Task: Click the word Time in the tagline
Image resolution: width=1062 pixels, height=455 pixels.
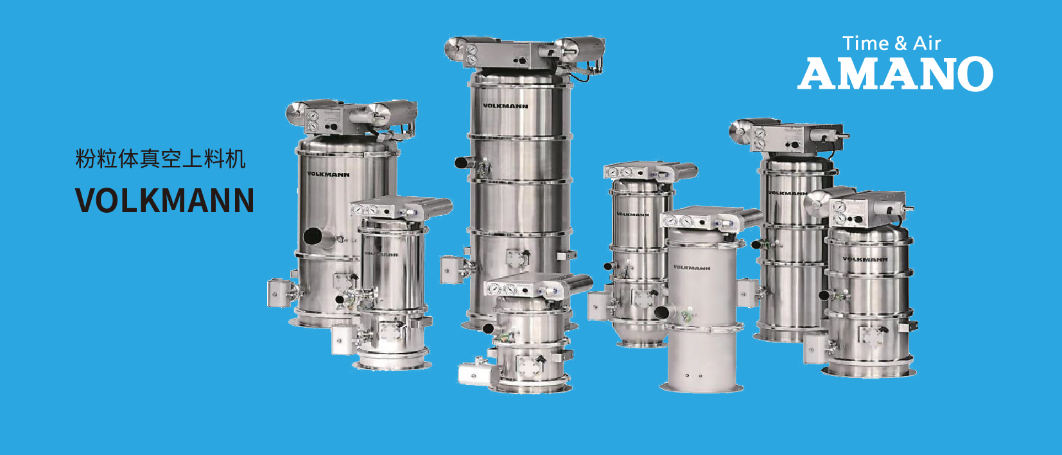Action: (866, 44)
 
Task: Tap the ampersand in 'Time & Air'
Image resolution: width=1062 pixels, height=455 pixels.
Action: (901, 44)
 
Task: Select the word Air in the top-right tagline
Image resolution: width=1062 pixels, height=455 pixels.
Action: (927, 44)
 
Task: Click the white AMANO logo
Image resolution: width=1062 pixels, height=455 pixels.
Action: (895, 73)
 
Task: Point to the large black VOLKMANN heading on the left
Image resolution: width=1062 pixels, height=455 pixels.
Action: (164, 201)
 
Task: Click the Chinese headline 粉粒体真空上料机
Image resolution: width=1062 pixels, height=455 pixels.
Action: (161, 159)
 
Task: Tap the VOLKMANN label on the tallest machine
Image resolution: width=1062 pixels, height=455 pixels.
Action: (505, 106)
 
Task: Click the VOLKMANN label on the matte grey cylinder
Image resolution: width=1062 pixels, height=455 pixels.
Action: (692, 267)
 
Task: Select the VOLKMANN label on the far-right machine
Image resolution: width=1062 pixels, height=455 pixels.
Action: (865, 259)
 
